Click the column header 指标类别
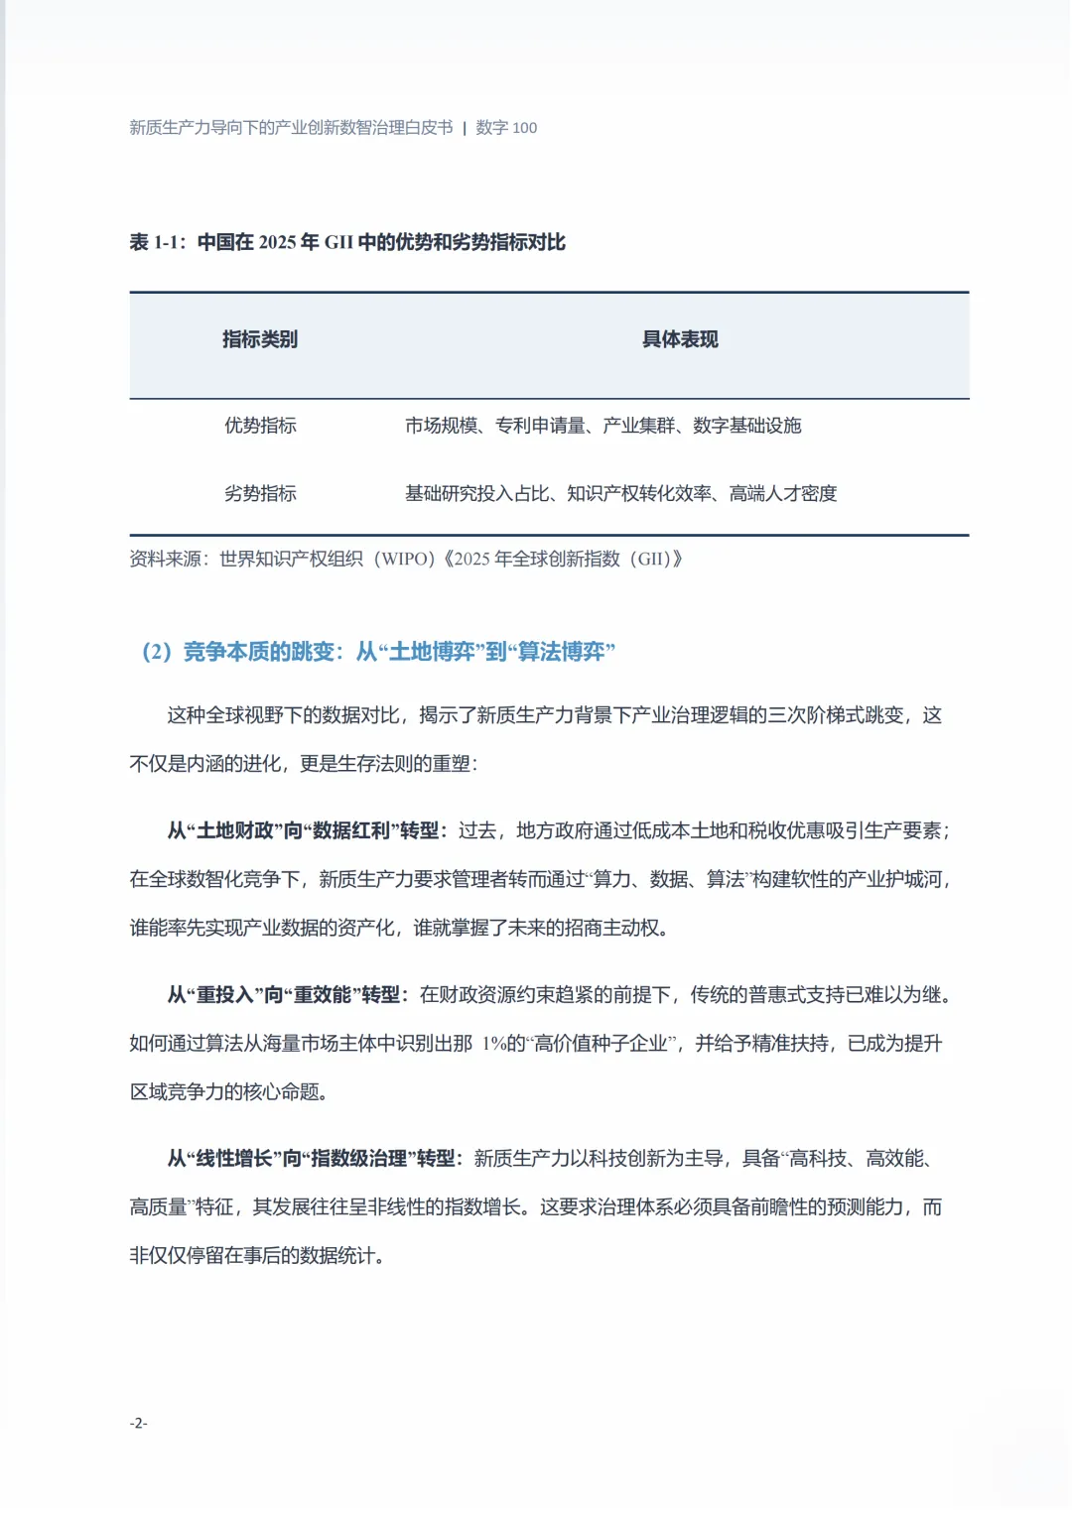[x=260, y=339]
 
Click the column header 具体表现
[x=680, y=339]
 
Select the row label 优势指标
[x=260, y=426]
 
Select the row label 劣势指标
[x=260, y=493]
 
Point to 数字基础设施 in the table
[x=747, y=426]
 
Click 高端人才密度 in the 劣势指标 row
[x=783, y=493]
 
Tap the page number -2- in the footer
[x=138, y=1423]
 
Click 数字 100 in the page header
[x=506, y=128]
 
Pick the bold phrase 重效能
[x=323, y=994]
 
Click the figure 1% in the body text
[x=494, y=1044]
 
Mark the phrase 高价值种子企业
[x=601, y=1044]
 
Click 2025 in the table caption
[x=277, y=242]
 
